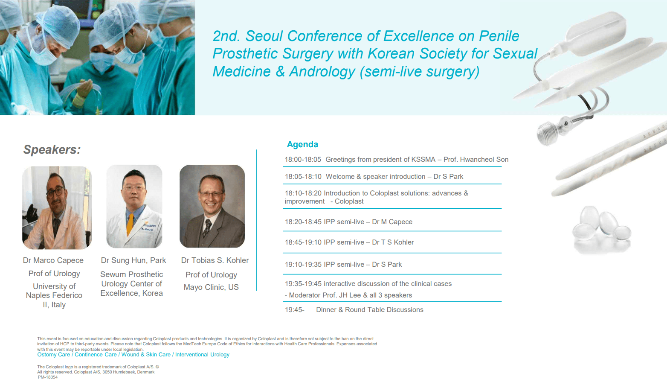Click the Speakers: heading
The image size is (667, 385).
coord(52,149)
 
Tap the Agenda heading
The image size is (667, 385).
coord(302,145)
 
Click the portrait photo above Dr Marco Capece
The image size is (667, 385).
coord(57,208)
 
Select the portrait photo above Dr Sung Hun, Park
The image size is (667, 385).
coord(134,207)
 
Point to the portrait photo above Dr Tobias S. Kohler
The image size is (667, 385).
coord(212,206)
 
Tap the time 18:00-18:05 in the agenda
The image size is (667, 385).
coord(303,160)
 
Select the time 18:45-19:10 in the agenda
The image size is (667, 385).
coord(303,242)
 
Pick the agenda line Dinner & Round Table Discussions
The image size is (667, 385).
coord(369,309)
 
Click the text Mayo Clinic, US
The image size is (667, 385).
coord(211,287)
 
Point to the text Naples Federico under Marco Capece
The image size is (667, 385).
coord(54,295)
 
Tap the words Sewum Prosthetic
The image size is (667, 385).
coord(132,274)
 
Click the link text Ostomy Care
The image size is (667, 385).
coord(54,355)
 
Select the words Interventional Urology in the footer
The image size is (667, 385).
coord(202,355)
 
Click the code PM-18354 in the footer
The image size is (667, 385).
coord(48,377)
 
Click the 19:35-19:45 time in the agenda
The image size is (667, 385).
coord(303,284)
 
